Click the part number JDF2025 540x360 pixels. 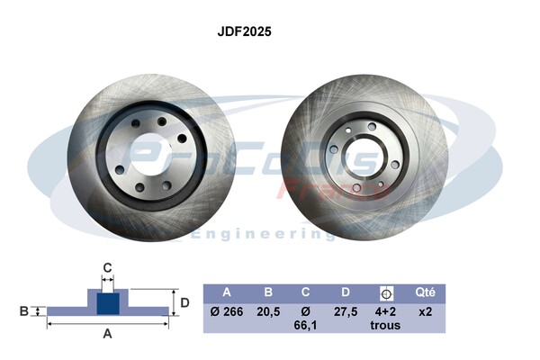tap(245, 31)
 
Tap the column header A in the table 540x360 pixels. tap(227, 292)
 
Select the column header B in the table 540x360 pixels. tap(267, 292)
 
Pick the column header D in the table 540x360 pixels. tap(346, 292)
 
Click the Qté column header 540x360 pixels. tap(425, 292)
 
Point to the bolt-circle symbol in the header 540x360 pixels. tap(386, 292)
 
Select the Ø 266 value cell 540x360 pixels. tap(227, 311)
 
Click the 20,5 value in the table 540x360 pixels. tap(267, 311)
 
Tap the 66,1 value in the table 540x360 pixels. tap(307, 326)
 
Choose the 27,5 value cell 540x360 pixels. tap(346, 311)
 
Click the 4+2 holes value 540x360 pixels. tap(386, 311)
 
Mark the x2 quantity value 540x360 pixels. tap(425, 311)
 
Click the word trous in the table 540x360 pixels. tap(386, 326)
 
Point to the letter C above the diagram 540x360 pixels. tap(107, 267)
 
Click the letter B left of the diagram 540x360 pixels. tap(23, 311)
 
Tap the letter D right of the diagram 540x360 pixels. tap(185, 302)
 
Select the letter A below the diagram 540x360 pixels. tap(107, 334)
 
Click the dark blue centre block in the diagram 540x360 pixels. tap(107, 303)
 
